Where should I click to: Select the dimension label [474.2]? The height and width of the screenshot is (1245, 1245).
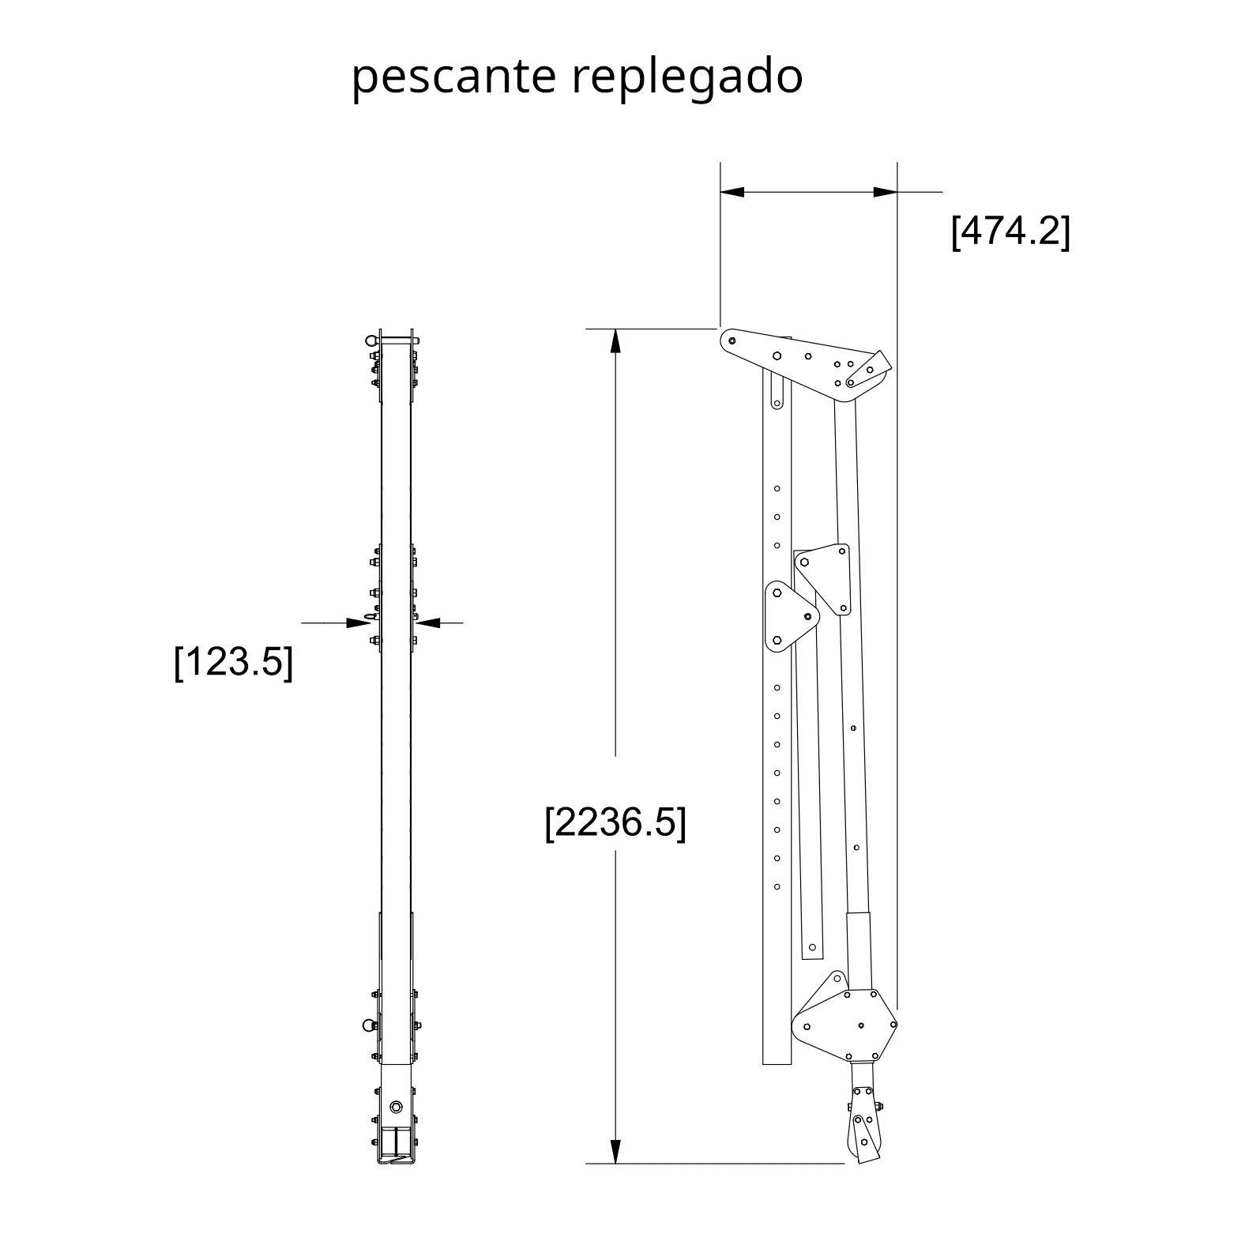1010,231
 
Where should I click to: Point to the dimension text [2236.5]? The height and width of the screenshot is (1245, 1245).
615,823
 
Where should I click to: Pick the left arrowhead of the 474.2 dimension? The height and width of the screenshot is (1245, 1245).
732,192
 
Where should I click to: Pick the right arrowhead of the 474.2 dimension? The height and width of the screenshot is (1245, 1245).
885,192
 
